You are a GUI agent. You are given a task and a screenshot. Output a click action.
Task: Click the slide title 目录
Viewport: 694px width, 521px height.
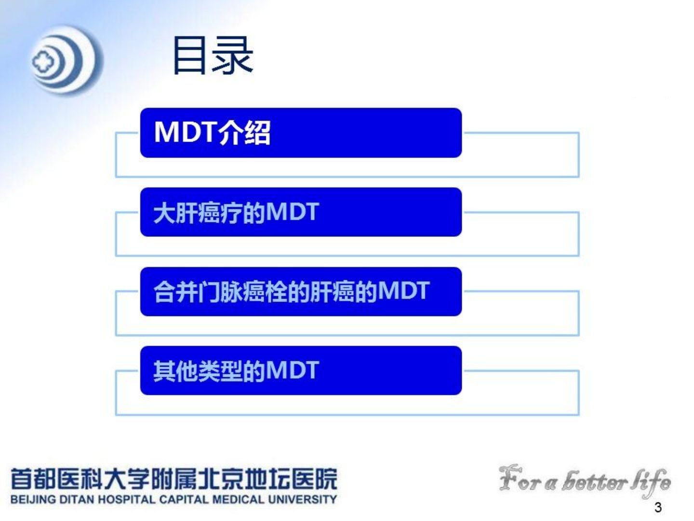pyautogui.click(x=213, y=55)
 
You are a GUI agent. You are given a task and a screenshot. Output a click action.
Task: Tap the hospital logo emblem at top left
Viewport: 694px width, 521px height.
pyautogui.click(x=67, y=60)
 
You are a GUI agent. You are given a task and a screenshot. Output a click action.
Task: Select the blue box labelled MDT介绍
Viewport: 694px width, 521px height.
pyautogui.click(x=301, y=133)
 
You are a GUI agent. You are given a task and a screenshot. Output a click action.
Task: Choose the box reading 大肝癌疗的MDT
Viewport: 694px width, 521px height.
pyautogui.click(x=301, y=212)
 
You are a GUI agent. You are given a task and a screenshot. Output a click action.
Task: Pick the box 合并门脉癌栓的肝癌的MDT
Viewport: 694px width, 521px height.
pyautogui.click(x=301, y=291)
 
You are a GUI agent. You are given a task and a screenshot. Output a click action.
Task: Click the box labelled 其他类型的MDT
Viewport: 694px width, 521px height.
pyautogui.click(x=301, y=370)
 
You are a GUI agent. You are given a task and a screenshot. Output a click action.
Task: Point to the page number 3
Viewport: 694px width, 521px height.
pyautogui.click(x=658, y=507)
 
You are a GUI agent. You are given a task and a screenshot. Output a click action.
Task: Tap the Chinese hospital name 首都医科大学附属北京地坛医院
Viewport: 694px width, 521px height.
pyautogui.click(x=174, y=479)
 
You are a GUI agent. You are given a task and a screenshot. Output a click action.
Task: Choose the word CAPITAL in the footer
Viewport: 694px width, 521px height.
pyautogui.click(x=184, y=500)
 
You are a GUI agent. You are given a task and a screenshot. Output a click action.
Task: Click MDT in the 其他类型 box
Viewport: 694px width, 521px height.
pyautogui.click(x=292, y=370)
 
